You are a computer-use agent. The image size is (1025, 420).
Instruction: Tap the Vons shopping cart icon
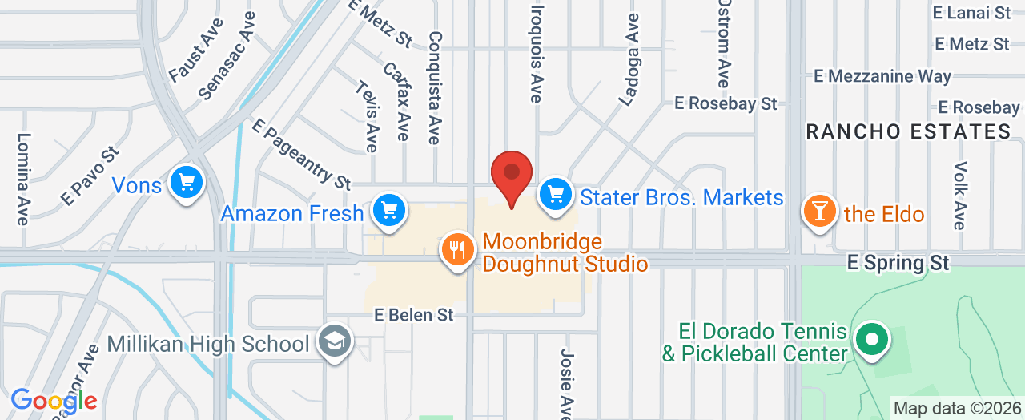(187, 182)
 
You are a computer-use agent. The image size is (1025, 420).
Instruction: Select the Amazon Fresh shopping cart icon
(389, 211)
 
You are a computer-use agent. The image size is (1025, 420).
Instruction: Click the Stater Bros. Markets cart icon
(554, 194)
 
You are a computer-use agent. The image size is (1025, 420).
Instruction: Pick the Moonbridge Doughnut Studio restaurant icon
(456, 249)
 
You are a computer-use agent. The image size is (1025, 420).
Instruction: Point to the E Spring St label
(898, 263)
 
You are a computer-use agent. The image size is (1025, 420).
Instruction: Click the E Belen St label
(414, 316)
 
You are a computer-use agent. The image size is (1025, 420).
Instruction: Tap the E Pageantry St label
(301, 155)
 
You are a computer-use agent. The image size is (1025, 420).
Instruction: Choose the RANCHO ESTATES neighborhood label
(908, 132)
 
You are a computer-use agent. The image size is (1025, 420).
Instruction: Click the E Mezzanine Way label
(882, 77)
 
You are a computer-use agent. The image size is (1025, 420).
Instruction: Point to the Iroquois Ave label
(536, 51)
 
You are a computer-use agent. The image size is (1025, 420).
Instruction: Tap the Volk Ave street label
(960, 195)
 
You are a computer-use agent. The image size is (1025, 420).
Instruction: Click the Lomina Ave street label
(23, 178)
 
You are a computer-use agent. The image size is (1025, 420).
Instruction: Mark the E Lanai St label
(971, 13)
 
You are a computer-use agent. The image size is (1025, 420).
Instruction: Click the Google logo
(54, 400)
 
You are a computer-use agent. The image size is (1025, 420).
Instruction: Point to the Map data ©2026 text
(956, 408)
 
